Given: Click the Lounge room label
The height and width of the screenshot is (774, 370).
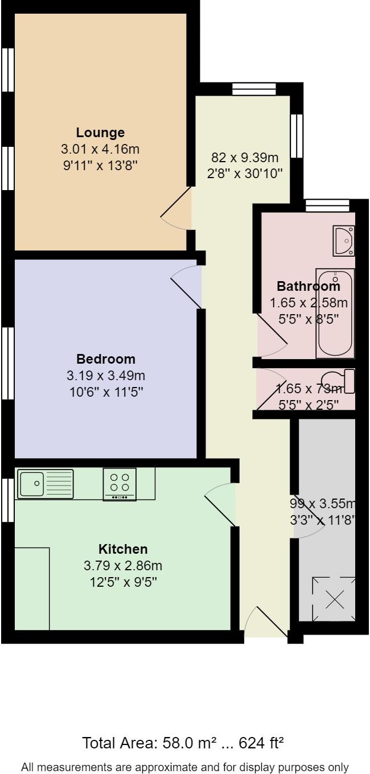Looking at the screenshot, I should (100, 133).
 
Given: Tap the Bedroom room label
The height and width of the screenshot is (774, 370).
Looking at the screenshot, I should (106, 359).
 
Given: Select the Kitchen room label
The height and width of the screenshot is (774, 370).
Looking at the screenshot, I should (123, 549).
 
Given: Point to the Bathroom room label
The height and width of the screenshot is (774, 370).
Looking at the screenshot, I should (308, 286).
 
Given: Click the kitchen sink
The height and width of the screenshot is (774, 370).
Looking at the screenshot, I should (45, 484).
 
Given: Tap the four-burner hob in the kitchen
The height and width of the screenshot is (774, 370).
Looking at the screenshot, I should (120, 484).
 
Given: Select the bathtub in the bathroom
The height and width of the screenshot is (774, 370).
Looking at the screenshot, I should (336, 313).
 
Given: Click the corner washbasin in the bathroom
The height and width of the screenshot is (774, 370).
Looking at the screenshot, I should (345, 241).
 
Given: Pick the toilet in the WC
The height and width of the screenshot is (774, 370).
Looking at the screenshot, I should (338, 381).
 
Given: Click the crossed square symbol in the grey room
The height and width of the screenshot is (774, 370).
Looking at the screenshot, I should (335, 599).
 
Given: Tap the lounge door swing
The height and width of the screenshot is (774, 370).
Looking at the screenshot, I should (178, 209).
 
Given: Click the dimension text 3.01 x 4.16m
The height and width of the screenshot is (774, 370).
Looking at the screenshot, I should (100, 150).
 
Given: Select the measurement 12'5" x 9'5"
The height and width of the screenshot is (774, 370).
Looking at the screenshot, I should (123, 582).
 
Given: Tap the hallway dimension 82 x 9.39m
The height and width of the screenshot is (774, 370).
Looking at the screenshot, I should (245, 158).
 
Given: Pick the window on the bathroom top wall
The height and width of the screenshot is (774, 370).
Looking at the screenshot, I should (327, 205).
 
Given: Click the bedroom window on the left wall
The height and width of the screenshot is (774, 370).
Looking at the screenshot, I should (7, 363).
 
